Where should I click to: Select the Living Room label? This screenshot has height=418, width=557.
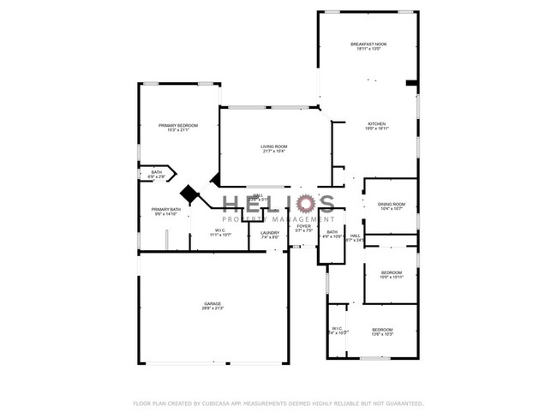tap(274, 146)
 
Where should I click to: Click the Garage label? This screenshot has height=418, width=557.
tap(213, 303)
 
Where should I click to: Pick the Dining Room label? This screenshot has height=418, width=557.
tap(392, 204)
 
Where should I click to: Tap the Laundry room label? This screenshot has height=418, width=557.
tap(270, 232)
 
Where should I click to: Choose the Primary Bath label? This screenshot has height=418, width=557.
tap(165, 209)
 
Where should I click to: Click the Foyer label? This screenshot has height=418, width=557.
tap(304, 226)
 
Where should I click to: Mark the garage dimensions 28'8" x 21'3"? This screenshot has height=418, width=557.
tap(213, 308)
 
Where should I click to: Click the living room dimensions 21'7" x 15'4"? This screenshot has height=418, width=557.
tap(274, 152)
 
